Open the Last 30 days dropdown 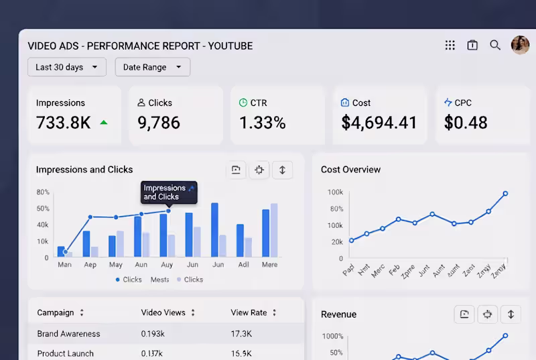click(66, 67)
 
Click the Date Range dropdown click(152, 67)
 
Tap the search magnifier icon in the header click(495, 45)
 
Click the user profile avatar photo click(520, 45)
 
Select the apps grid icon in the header click(450, 45)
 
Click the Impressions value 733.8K click(64, 123)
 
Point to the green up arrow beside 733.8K click(103, 123)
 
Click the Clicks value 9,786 click(159, 123)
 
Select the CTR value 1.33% click(262, 123)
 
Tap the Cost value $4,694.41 click(379, 123)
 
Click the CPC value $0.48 click(466, 123)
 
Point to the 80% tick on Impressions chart click(42, 192)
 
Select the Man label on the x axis click(65, 265)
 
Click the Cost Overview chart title click(350, 170)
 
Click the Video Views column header click(163, 312)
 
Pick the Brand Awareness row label click(68, 334)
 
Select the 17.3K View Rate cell click(241, 334)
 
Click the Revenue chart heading click(338, 314)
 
